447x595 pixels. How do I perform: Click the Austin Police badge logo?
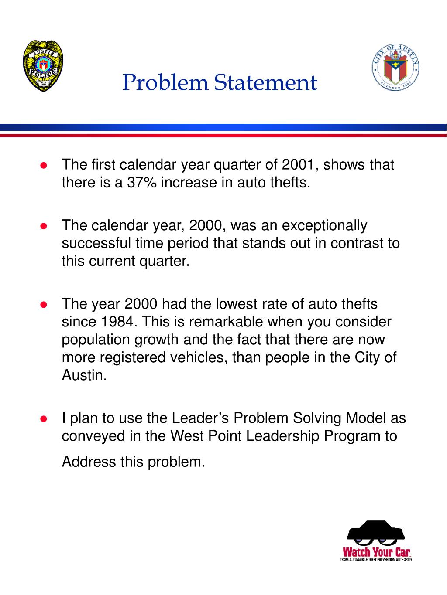click(42, 65)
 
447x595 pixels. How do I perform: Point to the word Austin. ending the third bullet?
click(84, 375)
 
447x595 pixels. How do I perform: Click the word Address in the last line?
click(89, 461)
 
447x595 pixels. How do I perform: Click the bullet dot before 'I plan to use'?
click(43, 419)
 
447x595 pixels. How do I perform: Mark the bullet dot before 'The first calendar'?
click(43, 166)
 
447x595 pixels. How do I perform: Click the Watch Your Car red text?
click(377, 551)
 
